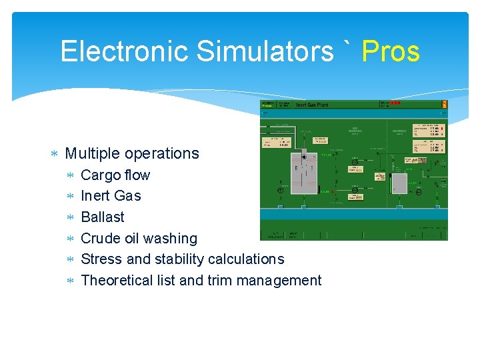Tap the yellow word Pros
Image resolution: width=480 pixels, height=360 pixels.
point(391,51)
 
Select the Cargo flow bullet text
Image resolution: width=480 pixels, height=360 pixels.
point(115,175)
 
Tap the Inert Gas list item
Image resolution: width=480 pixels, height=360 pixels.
point(111,195)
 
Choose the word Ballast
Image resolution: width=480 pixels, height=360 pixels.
point(102,217)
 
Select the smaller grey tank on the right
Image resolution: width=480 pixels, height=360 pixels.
point(399,183)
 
